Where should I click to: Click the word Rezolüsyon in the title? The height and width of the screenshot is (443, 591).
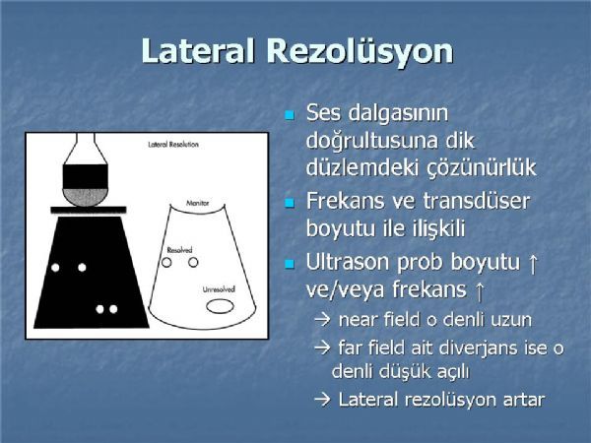(360, 52)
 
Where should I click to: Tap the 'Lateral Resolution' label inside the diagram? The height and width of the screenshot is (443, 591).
(173, 145)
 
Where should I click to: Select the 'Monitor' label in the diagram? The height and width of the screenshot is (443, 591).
(198, 203)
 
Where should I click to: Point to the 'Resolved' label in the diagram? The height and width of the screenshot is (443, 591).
(179, 250)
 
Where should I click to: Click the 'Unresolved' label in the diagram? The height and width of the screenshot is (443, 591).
(219, 289)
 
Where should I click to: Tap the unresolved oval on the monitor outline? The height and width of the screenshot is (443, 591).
(220, 306)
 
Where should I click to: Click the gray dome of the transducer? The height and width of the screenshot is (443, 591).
(85, 197)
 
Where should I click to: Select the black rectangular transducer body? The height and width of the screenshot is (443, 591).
(85, 176)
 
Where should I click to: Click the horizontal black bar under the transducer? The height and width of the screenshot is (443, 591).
(89, 210)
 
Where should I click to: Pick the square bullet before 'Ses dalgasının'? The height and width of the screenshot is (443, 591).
(289, 115)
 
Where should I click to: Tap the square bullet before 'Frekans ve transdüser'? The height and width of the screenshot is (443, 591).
(289, 204)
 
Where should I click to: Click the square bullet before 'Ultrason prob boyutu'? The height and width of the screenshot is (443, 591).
(289, 264)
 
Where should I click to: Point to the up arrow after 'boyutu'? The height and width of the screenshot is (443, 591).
(533, 264)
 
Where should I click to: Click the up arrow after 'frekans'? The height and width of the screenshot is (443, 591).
(479, 291)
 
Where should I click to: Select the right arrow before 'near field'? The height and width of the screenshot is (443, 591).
(322, 320)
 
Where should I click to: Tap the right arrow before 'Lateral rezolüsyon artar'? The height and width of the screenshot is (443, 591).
(322, 400)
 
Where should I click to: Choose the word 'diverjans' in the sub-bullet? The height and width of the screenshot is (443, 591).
(477, 348)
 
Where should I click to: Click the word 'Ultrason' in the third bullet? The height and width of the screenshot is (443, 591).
(347, 262)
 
